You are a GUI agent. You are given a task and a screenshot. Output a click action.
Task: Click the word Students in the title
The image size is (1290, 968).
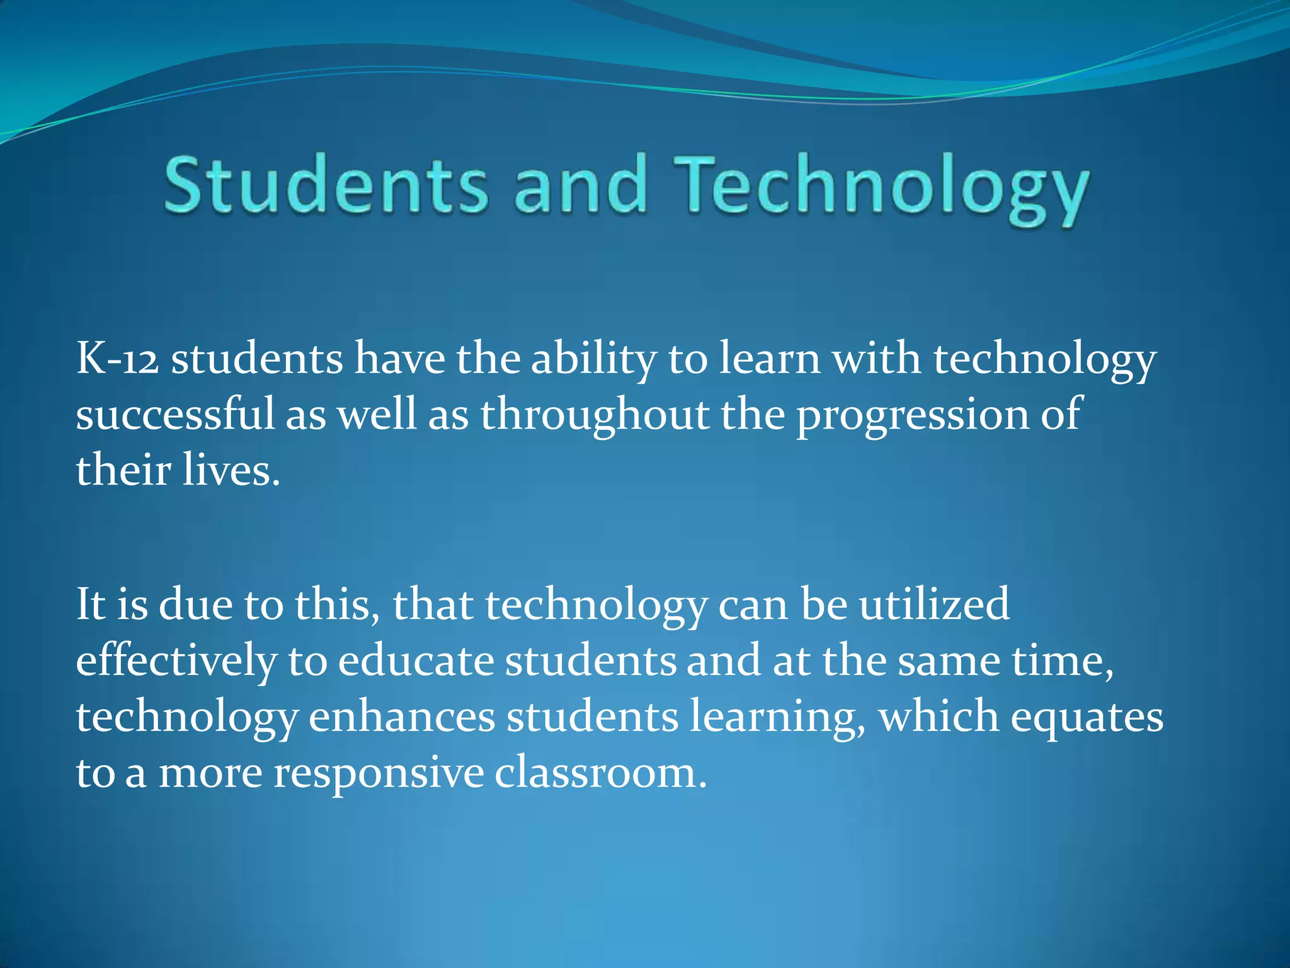326,185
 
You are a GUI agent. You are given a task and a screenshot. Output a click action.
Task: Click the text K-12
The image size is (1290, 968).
117,359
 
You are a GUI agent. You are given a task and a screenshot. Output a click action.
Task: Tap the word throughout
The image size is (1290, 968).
595,416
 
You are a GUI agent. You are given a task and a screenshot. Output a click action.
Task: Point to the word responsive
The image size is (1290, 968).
378,773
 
